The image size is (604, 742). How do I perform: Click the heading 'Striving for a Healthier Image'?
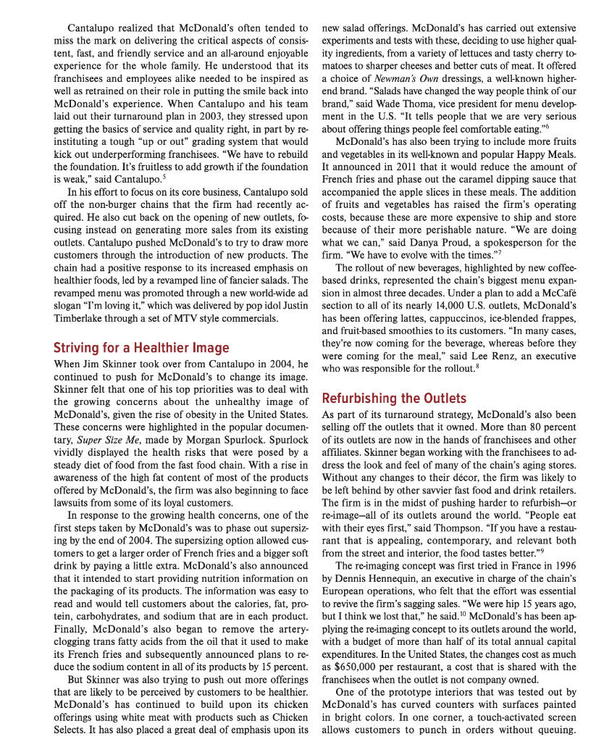[x=141, y=348]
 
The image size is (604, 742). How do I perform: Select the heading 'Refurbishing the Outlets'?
[x=394, y=398]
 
